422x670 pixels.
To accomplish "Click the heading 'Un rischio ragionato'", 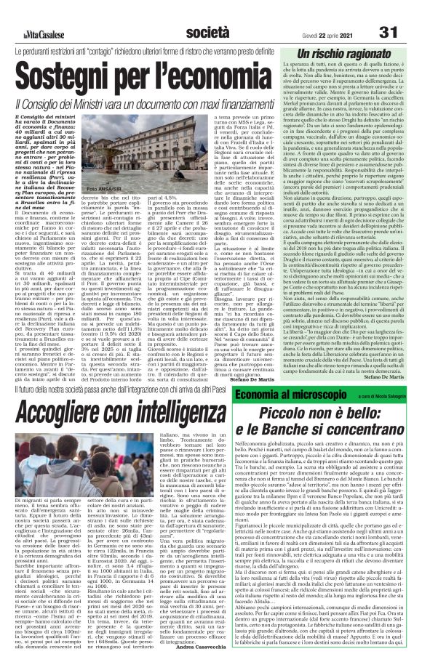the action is (349, 56).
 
